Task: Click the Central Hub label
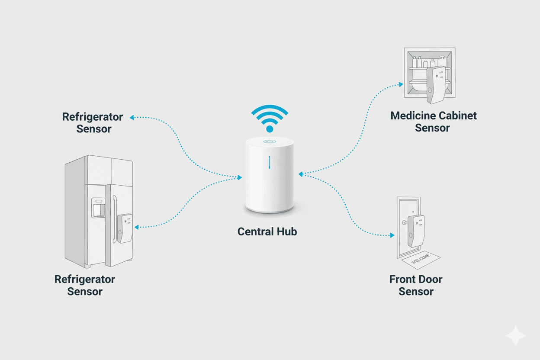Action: [x=267, y=231]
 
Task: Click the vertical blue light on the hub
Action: [x=269, y=162]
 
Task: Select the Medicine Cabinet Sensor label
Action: [x=433, y=122]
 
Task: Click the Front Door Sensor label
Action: [x=416, y=285]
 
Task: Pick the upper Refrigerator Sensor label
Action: [x=93, y=123]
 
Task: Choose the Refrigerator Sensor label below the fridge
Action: [x=85, y=285]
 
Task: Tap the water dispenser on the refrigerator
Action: [x=98, y=208]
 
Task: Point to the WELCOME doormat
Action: [x=420, y=261]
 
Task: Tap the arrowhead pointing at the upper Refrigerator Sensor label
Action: [x=132, y=117]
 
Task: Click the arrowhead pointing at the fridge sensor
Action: [x=137, y=227]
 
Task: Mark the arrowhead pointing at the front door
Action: [x=392, y=235]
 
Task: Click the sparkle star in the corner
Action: [x=516, y=336]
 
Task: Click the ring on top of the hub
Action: [x=269, y=141]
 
